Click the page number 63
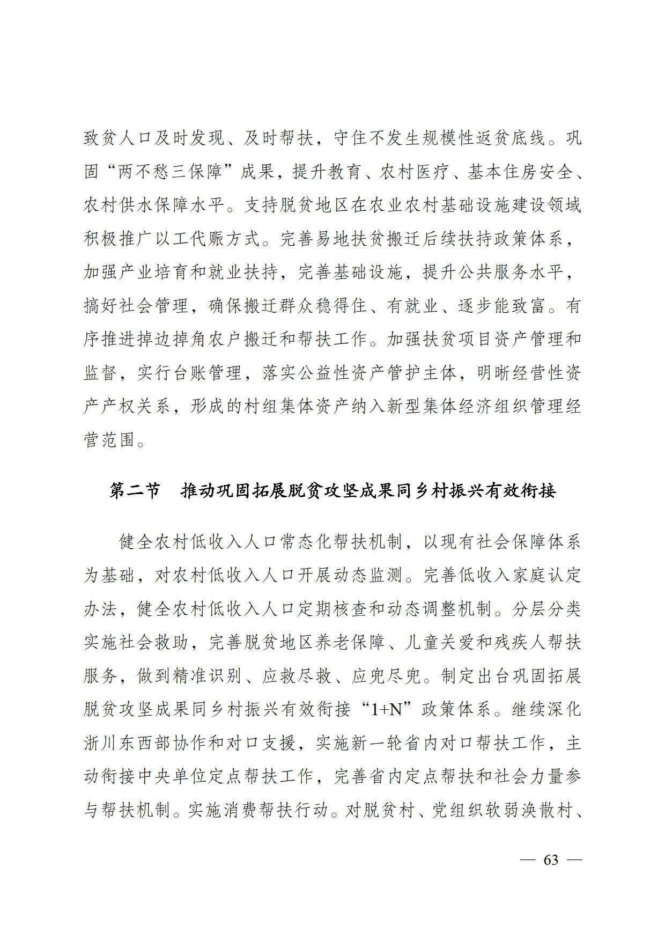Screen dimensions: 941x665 point(551,859)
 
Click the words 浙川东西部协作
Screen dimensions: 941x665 point(146,743)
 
